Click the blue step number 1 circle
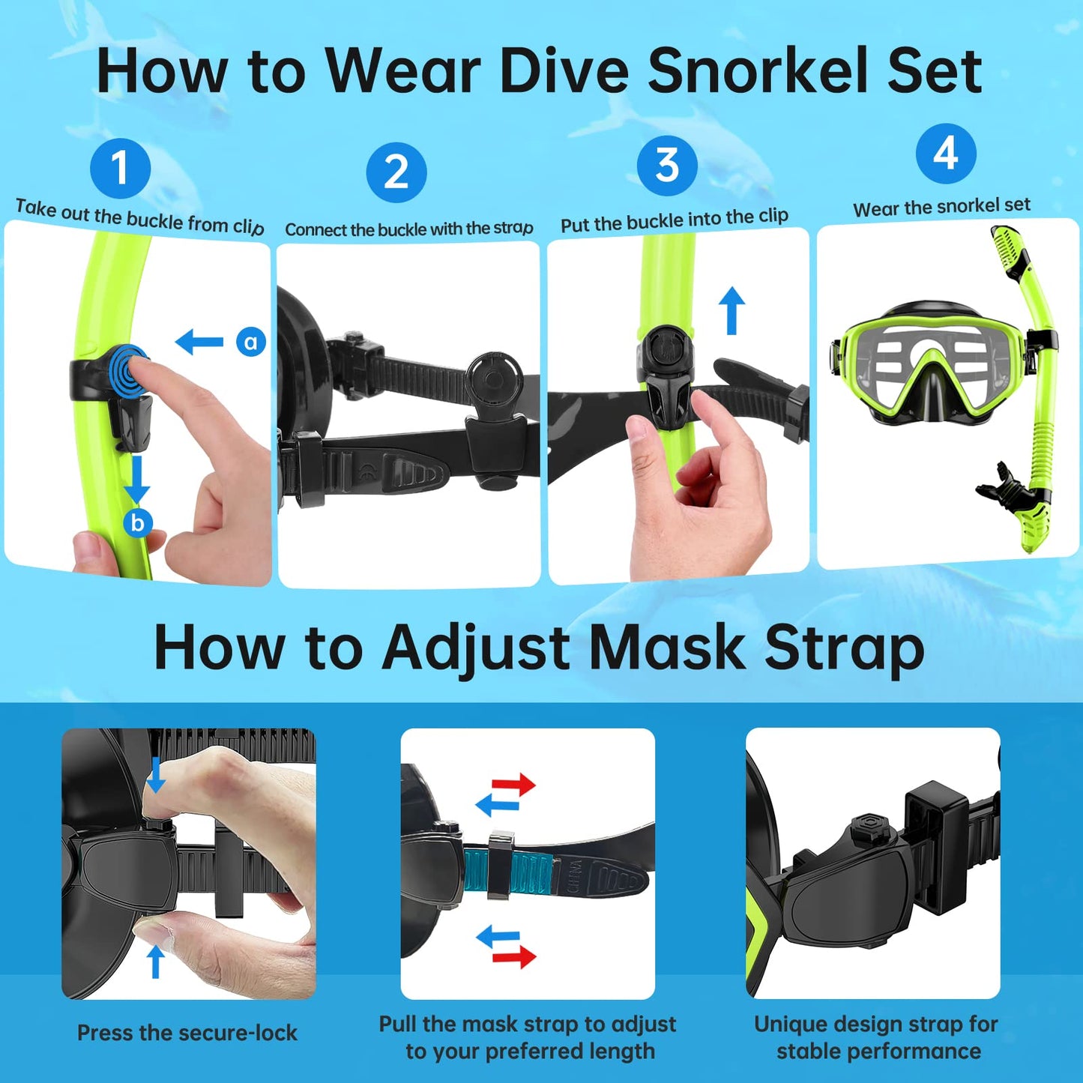[120, 168]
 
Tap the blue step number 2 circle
[396, 172]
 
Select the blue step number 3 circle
[667, 165]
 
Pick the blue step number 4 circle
[946, 154]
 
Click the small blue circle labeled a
[250, 342]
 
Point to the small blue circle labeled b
[138, 523]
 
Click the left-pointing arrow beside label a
[199, 342]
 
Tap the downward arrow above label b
[137, 480]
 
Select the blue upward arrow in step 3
[731, 311]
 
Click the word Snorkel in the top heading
[755, 72]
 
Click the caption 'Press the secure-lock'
[187, 1033]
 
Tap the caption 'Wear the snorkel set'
[942, 207]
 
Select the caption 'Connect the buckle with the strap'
[409, 229]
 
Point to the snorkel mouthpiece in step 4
[1004, 484]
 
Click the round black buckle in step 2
[493, 380]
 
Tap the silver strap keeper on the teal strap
[500, 864]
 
